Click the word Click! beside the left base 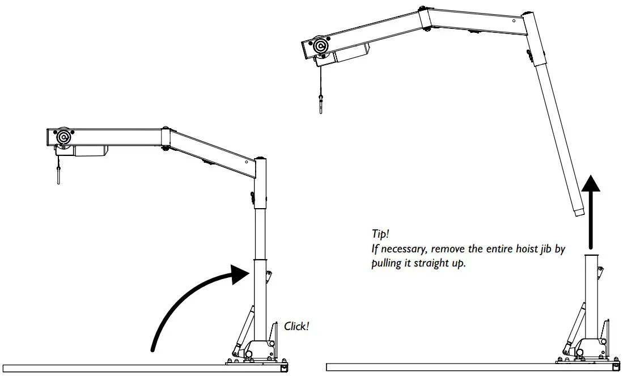click(296, 326)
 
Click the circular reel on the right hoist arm click(321, 47)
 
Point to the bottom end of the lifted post click(577, 213)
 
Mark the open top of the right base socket click(592, 256)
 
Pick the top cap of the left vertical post click(261, 159)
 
